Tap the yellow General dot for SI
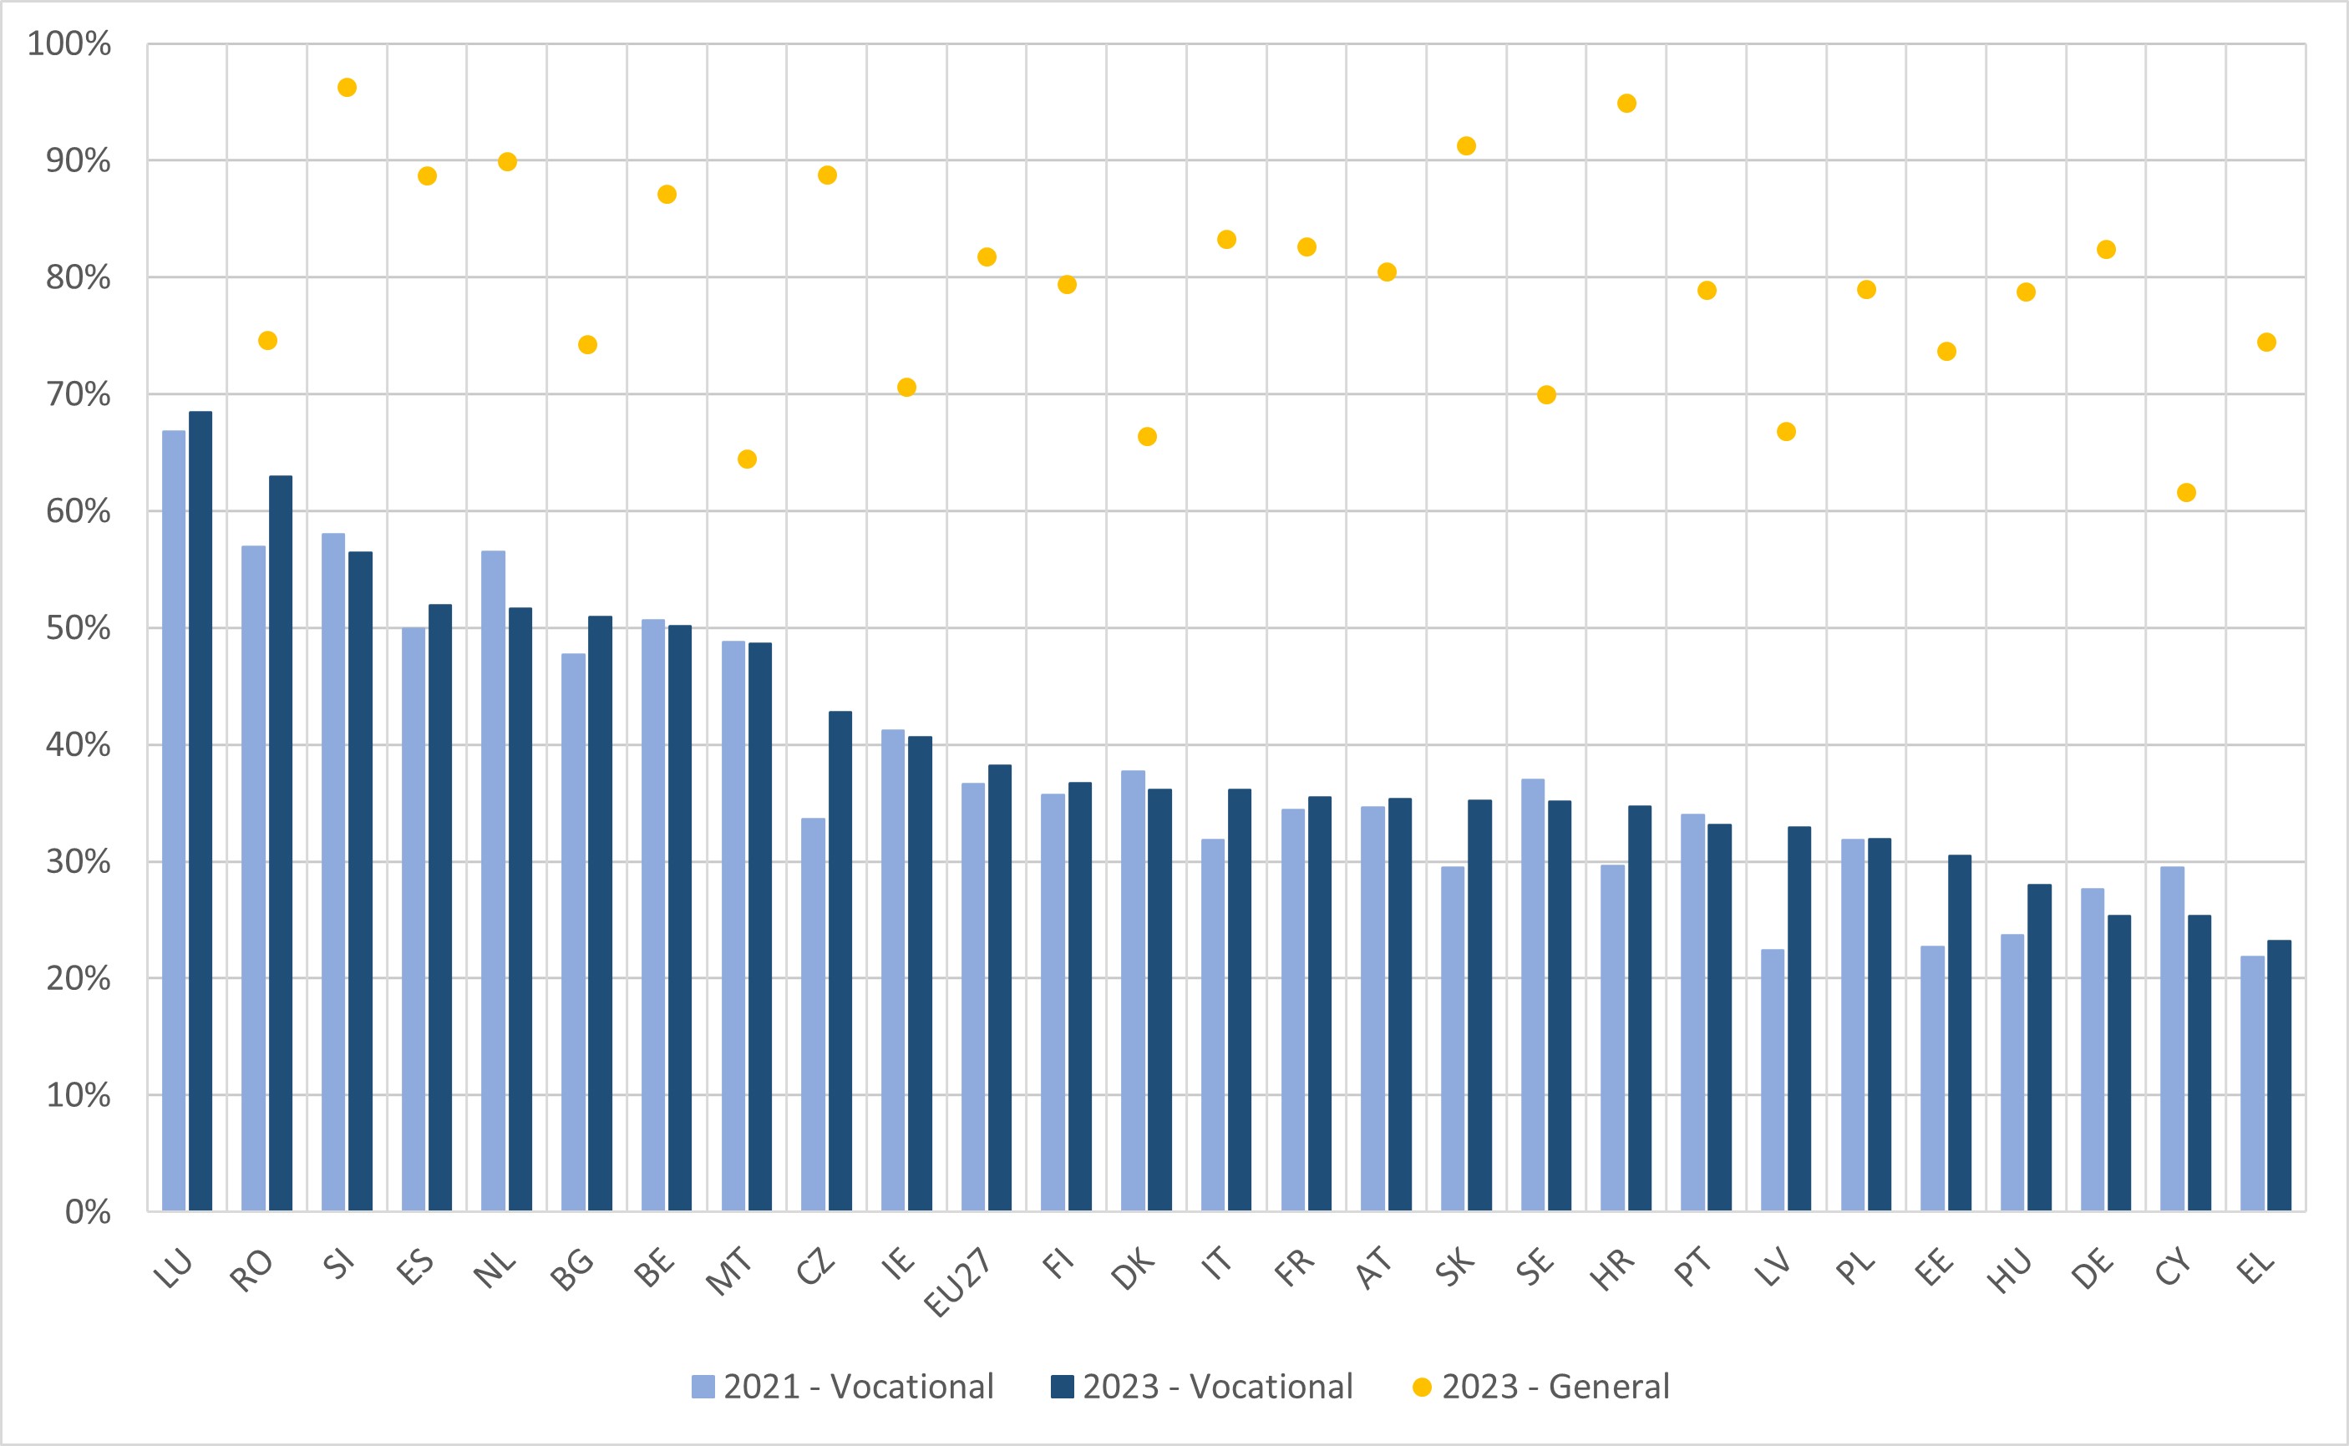[347, 88]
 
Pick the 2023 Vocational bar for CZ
[840, 961]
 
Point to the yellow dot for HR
[1626, 104]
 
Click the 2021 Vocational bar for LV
[1773, 1080]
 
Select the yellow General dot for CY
[2185, 493]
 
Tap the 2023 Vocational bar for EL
[2279, 1075]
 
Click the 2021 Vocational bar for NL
[494, 880]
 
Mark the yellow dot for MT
[748, 459]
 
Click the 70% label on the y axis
[79, 394]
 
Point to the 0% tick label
[88, 1212]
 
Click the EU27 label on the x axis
[958, 1281]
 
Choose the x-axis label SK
[1454, 1268]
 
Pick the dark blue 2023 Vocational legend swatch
[1063, 1387]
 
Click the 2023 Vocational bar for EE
[1960, 1032]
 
